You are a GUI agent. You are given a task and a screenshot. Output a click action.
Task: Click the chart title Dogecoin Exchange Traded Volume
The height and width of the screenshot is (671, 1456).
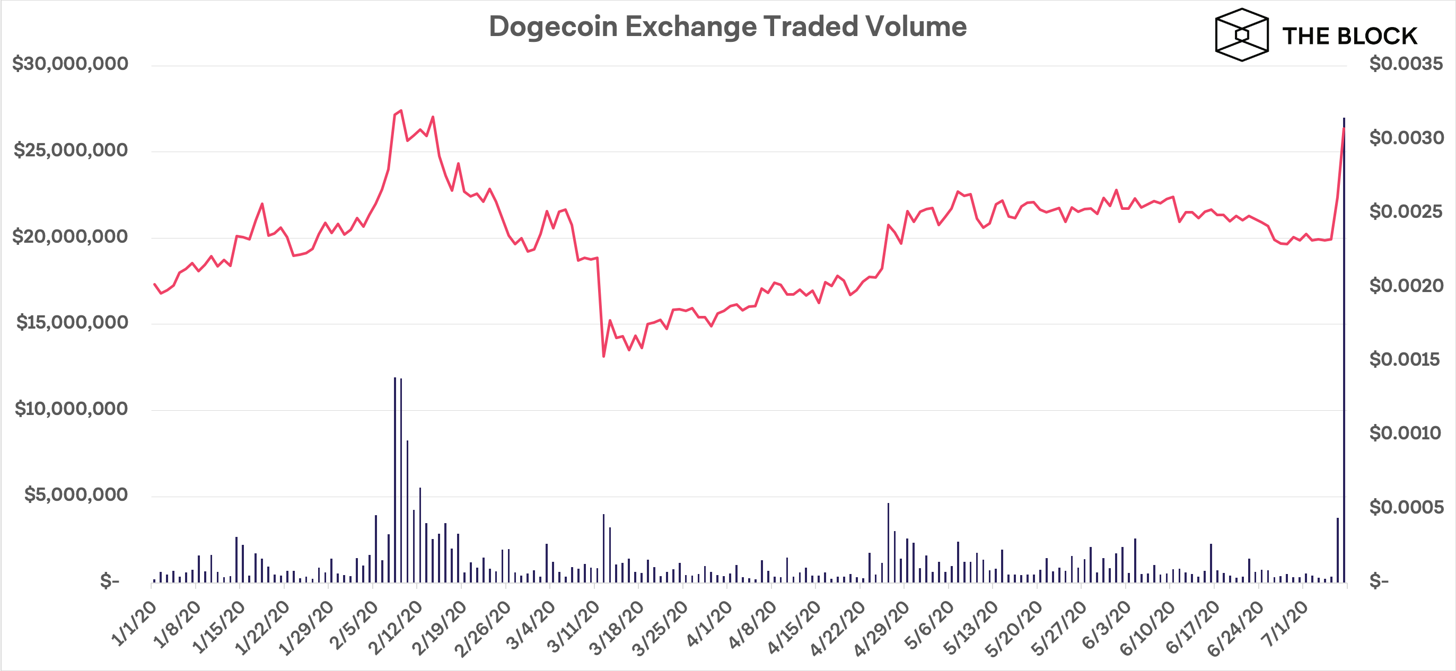coord(727,27)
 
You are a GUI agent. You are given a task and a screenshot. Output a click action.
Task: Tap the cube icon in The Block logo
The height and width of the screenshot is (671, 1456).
coord(1241,34)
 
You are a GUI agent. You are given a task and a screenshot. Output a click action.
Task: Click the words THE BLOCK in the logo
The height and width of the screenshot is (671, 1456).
coord(1349,36)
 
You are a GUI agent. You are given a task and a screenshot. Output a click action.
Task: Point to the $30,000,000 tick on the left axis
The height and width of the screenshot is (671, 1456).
coord(70,64)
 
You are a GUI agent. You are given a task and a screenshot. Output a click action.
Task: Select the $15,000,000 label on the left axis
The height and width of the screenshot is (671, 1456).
coord(72,322)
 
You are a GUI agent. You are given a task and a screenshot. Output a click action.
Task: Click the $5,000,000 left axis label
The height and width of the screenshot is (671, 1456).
coord(76,495)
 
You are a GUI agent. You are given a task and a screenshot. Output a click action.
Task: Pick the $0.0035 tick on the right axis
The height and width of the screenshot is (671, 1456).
coord(1406,64)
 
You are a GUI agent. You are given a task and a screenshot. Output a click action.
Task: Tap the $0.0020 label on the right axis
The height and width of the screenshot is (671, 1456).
coord(1406,286)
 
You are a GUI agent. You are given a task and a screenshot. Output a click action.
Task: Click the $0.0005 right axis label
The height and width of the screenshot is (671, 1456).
coord(1406,507)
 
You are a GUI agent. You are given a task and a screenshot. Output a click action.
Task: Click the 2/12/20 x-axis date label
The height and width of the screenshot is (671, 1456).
coord(395,627)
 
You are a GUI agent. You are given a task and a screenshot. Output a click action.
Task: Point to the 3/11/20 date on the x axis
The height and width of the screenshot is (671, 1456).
coord(573,627)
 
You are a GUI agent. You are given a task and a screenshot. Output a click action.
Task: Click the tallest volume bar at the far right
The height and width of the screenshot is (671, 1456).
coord(1344,350)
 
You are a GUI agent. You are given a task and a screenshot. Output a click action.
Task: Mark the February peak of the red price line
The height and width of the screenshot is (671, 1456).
coord(401,111)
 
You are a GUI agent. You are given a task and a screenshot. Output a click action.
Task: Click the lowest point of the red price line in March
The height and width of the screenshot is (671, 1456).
coord(603,356)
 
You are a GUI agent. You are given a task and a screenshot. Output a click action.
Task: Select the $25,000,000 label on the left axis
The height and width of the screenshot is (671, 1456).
coord(70,150)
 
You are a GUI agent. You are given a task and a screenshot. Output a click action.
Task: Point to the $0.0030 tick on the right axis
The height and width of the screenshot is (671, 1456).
coord(1406,138)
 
